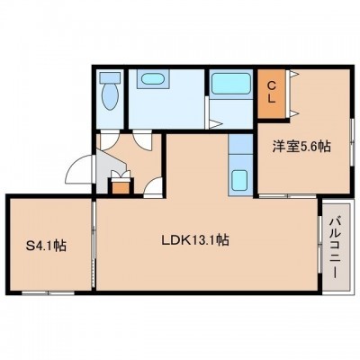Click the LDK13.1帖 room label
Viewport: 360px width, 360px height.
(x=195, y=240)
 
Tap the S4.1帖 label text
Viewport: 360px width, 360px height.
(x=46, y=246)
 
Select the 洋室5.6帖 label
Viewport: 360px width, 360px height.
(x=301, y=147)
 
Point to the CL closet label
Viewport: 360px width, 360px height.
(x=271, y=94)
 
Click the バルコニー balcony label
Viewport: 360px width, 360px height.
(x=335, y=247)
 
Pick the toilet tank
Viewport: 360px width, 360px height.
(x=110, y=77)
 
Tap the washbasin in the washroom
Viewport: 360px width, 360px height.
(x=153, y=79)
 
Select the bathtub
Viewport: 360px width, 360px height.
(x=231, y=83)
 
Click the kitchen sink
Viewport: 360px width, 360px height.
(x=239, y=180)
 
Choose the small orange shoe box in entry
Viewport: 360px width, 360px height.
(x=121, y=187)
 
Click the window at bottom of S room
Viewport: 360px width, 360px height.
(x=48, y=292)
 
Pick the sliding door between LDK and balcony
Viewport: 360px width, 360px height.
(x=319, y=245)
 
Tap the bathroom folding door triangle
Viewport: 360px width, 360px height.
(x=215, y=123)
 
